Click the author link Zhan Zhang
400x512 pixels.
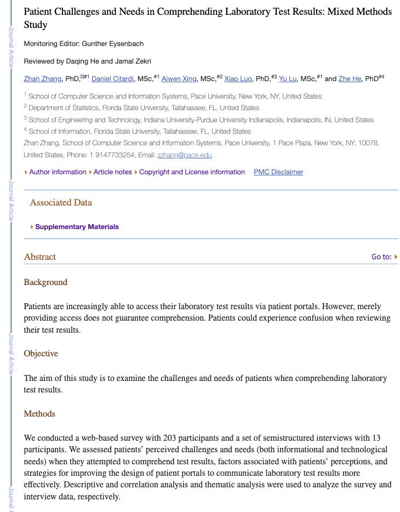(x=43, y=79)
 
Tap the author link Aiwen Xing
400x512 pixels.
(x=179, y=79)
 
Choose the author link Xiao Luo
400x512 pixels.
(x=238, y=79)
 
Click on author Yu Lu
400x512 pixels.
(x=288, y=79)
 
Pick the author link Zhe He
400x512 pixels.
(x=350, y=79)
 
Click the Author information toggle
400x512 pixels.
(x=57, y=172)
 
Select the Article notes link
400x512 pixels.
(x=112, y=172)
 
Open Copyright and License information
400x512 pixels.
(x=192, y=172)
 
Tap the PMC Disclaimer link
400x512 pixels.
(x=278, y=172)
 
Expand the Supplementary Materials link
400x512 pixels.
(x=77, y=227)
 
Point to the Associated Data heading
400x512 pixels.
(x=61, y=203)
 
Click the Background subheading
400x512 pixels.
(x=45, y=282)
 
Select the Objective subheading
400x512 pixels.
(x=41, y=354)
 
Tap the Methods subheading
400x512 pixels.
(x=39, y=414)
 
